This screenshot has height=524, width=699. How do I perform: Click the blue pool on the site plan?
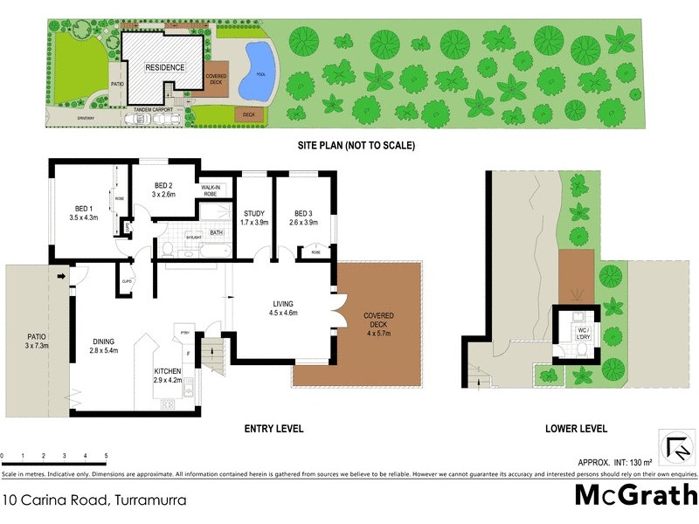click(260, 66)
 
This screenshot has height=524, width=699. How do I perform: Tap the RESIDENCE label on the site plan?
click(164, 67)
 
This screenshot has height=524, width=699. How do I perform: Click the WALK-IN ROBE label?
click(214, 190)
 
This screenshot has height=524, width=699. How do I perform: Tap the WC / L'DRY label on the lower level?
click(579, 327)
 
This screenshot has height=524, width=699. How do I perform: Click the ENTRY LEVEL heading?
click(275, 429)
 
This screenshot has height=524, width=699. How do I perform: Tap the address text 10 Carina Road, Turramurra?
click(93, 500)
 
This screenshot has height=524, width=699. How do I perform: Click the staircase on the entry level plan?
click(212, 355)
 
